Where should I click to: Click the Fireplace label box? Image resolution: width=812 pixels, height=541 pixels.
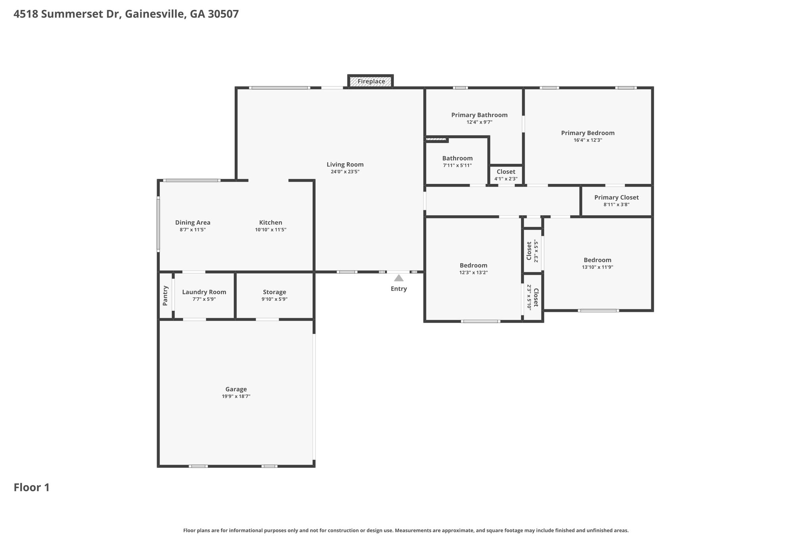tap(371, 81)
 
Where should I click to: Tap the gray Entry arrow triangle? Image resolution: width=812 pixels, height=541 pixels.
tap(399, 278)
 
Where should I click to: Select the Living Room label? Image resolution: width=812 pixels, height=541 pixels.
tap(345, 164)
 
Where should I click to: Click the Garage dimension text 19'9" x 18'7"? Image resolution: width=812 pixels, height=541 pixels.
tap(236, 396)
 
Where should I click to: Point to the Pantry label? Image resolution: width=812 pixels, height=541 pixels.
tap(165, 296)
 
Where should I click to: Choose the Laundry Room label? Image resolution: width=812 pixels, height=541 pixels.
tap(204, 292)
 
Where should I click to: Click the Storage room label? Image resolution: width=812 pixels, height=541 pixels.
tap(274, 292)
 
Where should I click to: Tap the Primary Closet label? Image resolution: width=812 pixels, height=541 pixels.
tap(617, 197)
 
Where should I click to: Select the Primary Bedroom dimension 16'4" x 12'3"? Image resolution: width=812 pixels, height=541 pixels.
tap(588, 140)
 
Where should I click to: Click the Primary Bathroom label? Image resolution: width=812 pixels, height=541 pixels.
tap(479, 115)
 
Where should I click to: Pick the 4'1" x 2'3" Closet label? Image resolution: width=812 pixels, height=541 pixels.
tap(506, 172)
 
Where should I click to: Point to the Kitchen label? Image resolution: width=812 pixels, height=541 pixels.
tap(271, 223)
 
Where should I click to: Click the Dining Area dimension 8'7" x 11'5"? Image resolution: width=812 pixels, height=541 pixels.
tap(193, 230)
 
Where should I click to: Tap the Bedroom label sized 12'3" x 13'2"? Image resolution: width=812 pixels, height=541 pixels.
tap(473, 266)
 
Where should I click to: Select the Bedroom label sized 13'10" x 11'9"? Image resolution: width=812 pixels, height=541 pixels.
tap(598, 260)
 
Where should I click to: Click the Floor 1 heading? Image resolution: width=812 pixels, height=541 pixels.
tap(32, 487)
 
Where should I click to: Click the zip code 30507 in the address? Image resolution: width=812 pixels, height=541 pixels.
tap(223, 14)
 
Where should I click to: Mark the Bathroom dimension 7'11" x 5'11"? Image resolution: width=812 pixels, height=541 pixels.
tap(458, 165)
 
